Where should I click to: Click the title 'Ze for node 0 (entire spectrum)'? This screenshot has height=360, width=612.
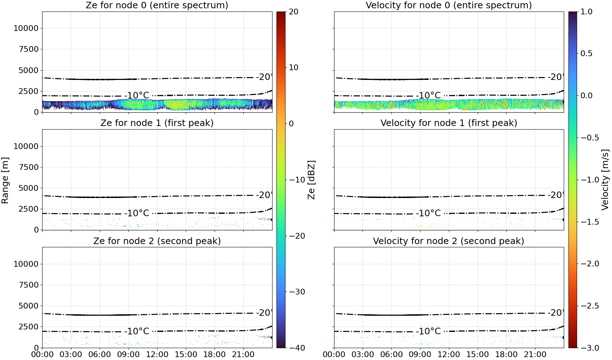[x=157, y=5]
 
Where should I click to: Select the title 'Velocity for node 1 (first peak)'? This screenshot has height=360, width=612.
[x=449, y=123]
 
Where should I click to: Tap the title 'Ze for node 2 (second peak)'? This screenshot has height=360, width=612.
[x=157, y=241]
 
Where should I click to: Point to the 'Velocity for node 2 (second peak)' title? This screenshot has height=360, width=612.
[x=449, y=241]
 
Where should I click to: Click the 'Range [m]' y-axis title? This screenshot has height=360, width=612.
[x=5, y=180]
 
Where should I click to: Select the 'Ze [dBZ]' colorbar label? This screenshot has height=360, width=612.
[x=311, y=180]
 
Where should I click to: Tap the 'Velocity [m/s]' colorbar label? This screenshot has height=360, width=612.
[x=605, y=180]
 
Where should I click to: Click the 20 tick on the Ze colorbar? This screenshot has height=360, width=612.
[x=293, y=12]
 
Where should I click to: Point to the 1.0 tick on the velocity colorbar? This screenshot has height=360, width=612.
[x=586, y=12]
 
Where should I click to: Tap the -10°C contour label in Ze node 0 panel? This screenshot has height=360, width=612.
[x=137, y=96]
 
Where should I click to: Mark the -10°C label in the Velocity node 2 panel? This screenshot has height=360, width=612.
[x=428, y=331]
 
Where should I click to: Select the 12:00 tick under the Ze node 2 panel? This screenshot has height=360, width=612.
[x=157, y=355]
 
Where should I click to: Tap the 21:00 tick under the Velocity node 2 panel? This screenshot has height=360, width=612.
[x=535, y=355]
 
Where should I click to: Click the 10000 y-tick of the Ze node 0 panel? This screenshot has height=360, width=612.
[x=26, y=28]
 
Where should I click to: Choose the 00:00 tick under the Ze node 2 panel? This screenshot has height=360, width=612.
[x=42, y=355]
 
